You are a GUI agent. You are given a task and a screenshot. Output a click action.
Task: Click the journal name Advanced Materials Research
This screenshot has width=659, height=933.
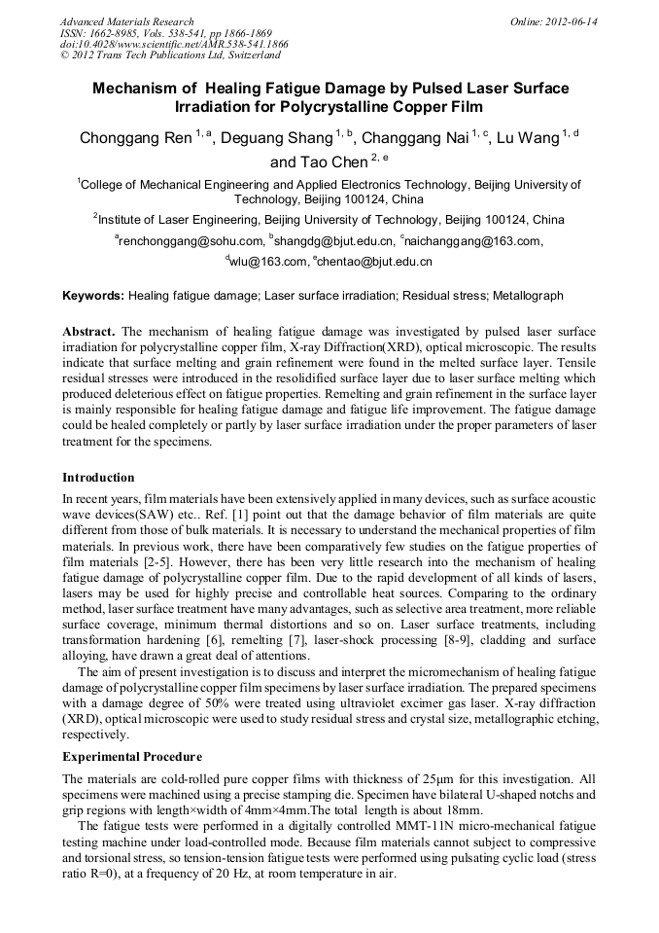pyautogui.click(x=126, y=21)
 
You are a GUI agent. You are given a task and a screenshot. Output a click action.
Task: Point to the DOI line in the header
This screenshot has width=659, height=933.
pyautogui.click(x=174, y=45)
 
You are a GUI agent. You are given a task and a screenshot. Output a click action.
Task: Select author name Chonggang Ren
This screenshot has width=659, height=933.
pyautogui.click(x=135, y=138)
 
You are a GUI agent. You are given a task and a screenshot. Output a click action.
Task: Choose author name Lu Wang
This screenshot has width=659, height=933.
pyautogui.click(x=528, y=138)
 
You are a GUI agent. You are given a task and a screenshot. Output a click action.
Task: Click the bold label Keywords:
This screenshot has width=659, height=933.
pyautogui.click(x=93, y=295)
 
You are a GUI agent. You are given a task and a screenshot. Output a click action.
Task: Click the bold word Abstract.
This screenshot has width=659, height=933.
pyautogui.click(x=88, y=331)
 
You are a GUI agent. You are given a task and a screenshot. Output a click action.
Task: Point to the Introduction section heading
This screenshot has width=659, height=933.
pyautogui.click(x=98, y=478)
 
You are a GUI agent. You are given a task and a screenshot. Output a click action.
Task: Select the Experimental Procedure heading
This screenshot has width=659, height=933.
pyautogui.click(x=132, y=757)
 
